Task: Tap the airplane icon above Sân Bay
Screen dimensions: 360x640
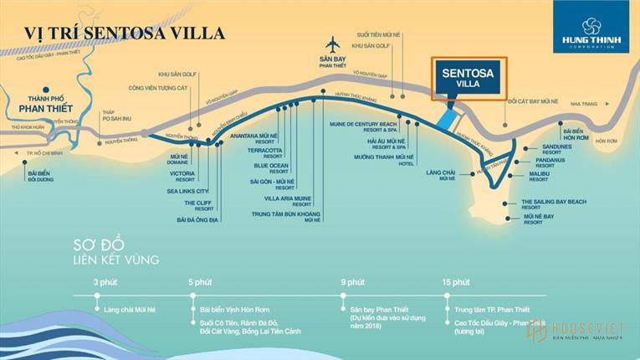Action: pos(333,44)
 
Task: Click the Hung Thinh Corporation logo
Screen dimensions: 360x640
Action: pos(591,26)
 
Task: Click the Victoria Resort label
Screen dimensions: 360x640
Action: pos(182,177)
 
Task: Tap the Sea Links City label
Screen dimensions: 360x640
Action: pos(187,191)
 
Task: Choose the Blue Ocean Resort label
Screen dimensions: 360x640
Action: pos(271,168)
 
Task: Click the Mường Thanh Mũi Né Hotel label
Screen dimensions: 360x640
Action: pos(384,160)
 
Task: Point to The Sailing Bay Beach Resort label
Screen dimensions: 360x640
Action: pos(553,204)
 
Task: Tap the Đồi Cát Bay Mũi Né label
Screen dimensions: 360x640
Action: pos(533,101)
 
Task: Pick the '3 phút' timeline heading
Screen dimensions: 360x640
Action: pos(105,281)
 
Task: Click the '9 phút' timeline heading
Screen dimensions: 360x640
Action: pos(353,281)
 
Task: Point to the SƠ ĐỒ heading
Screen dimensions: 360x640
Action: pos(100,245)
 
